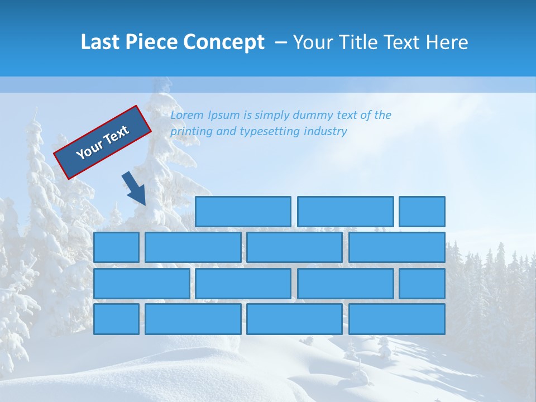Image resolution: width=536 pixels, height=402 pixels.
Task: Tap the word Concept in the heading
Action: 223,42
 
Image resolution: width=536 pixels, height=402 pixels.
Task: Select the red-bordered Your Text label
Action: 102,142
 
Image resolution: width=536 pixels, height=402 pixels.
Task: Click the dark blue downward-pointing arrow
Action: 134,189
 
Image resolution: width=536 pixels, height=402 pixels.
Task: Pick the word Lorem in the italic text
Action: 186,115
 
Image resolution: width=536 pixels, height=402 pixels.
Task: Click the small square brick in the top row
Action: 422,212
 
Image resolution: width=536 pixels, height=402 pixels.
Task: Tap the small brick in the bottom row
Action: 116,319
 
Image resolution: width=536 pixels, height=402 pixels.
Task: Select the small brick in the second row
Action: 116,247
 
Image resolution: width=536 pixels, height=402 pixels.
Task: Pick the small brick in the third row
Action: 422,283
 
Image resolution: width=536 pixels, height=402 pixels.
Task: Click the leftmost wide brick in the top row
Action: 243,212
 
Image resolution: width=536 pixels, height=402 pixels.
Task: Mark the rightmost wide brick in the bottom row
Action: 397,319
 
